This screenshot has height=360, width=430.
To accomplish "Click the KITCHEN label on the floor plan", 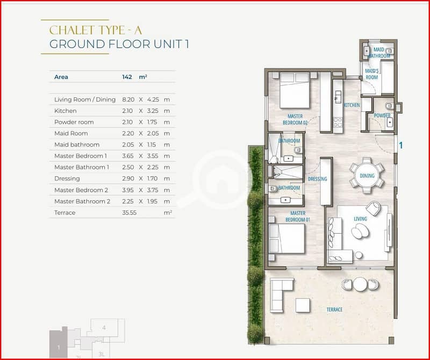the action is coord(352,105).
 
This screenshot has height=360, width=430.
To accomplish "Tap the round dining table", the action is coord(367,176).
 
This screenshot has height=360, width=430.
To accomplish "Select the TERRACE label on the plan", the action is coord(334,309).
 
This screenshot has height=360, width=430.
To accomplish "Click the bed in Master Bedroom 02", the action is coord(295,90).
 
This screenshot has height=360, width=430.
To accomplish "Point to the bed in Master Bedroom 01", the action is coord(287,239).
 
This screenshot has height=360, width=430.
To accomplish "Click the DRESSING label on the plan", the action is coord(318,179).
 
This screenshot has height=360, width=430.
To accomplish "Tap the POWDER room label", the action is coord(382,116).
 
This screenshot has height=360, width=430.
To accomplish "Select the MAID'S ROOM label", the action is coord(371,74).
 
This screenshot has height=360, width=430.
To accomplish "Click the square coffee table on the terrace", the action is coord(303,305).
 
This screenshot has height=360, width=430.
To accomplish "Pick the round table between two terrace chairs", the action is coord(360,284).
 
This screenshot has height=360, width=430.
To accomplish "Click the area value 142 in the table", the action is coord(127,77).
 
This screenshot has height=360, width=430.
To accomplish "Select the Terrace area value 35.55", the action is coord(129,213).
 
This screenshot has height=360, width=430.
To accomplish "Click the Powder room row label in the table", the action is coord(74,123).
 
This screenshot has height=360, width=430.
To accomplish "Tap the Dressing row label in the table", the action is coord(67,179).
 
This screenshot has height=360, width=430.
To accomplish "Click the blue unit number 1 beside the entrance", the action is coord(400,145).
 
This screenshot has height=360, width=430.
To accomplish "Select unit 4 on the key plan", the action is coord(104,328).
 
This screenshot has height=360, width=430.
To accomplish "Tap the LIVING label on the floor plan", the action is coord(360,219).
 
